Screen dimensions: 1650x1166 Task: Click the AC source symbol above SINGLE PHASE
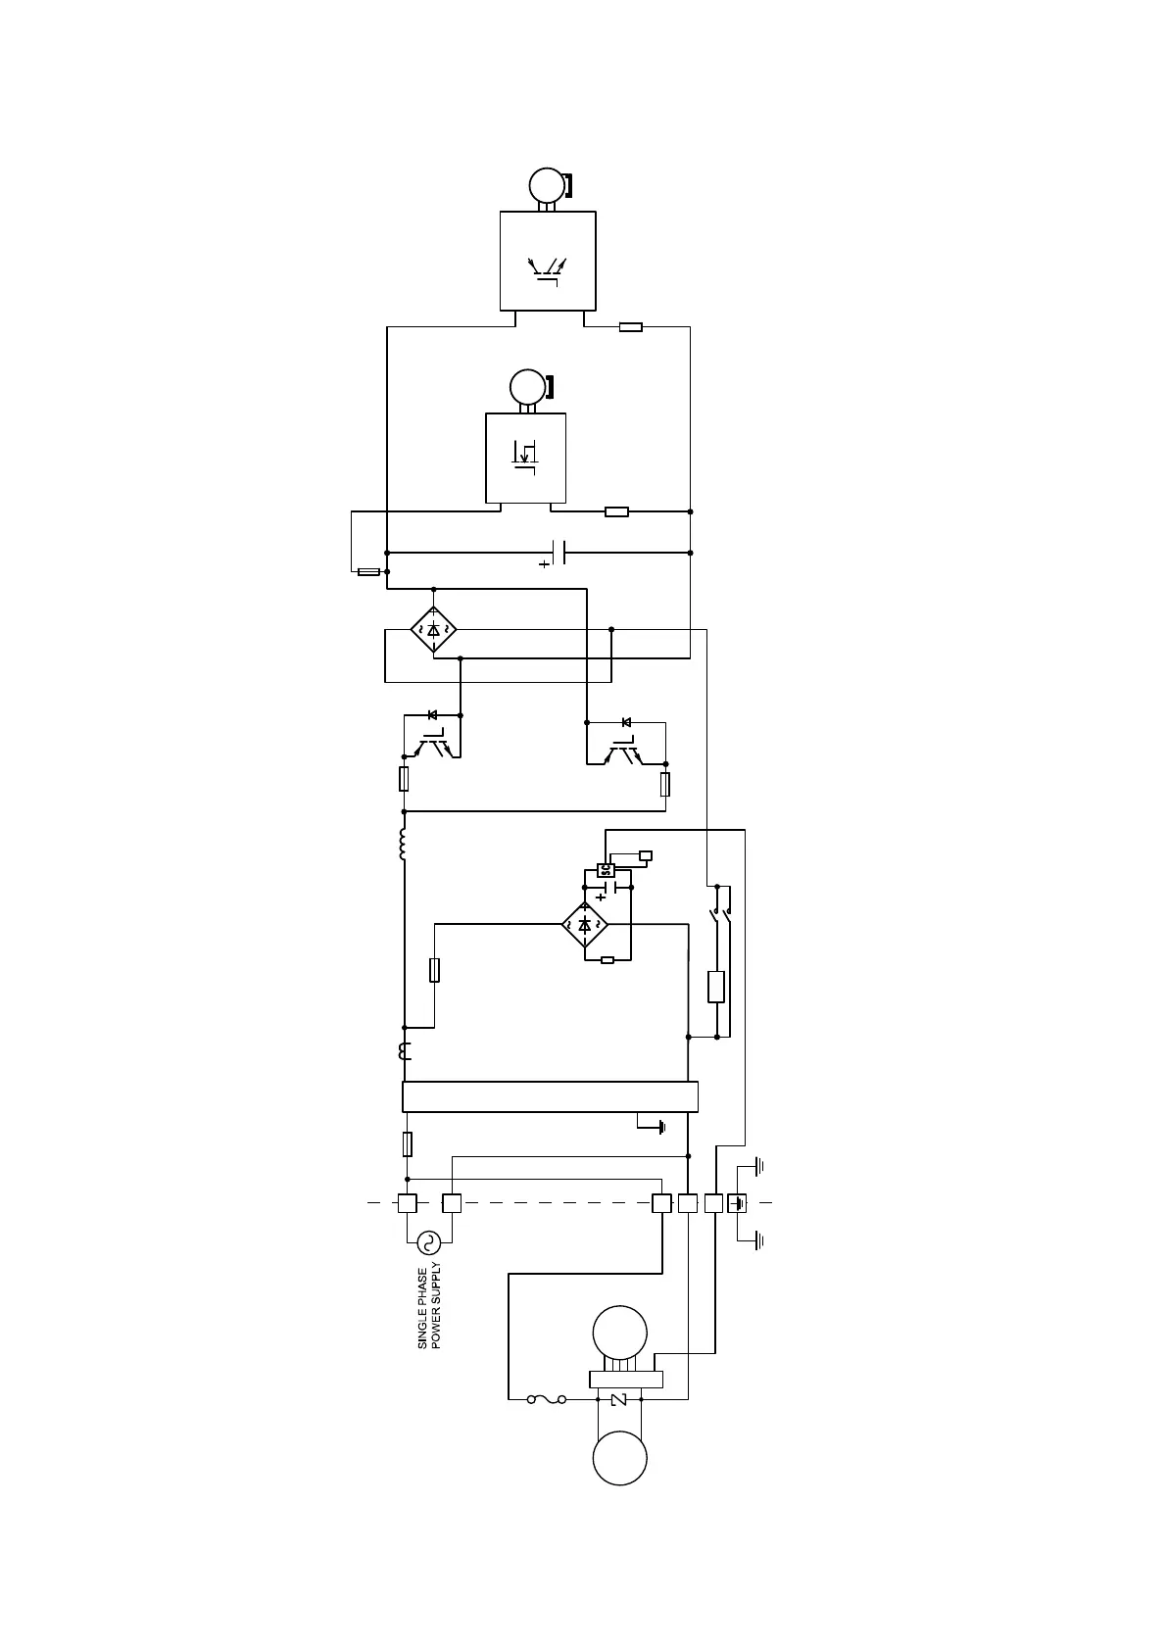(428, 1242)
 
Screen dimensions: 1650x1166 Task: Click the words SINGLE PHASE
(423, 1309)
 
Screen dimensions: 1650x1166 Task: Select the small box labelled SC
(606, 869)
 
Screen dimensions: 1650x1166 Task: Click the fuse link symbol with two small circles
(547, 1399)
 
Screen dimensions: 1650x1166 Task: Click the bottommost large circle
(620, 1458)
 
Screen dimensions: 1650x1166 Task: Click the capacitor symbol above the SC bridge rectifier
(609, 888)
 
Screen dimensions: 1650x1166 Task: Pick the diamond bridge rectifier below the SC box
(585, 924)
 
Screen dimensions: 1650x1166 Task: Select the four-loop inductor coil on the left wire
(403, 845)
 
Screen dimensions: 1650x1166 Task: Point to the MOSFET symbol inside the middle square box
(525, 457)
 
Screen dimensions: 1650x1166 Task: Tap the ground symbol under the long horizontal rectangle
(661, 1127)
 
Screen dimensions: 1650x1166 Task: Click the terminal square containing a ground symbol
(737, 1203)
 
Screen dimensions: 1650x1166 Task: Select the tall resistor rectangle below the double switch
(716, 987)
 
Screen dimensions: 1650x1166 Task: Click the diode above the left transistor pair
(432, 715)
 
